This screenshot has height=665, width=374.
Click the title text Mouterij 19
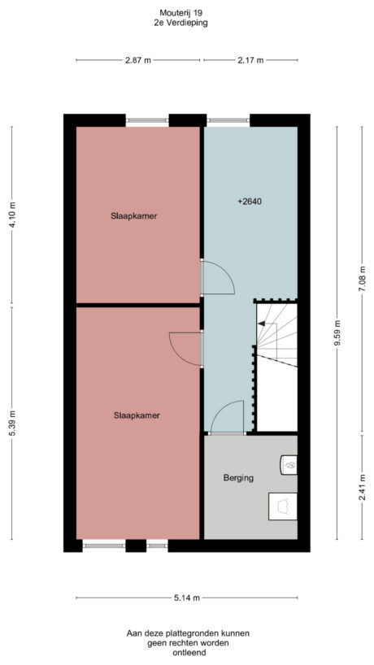(180, 12)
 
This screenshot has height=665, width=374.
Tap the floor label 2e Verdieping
(180, 24)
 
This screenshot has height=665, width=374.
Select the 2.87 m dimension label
(138, 60)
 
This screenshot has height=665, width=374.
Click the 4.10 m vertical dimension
(12, 215)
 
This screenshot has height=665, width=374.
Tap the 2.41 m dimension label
(362, 490)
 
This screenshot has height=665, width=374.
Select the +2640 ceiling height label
(250, 202)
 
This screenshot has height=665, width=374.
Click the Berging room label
(238, 478)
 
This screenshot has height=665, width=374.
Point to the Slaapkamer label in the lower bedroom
(136, 415)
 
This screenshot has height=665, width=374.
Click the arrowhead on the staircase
(261, 324)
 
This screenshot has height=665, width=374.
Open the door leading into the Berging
(226, 419)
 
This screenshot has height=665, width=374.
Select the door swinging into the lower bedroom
(185, 347)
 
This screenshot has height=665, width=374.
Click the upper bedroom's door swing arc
(220, 278)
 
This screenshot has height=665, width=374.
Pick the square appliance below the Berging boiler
(284, 505)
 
